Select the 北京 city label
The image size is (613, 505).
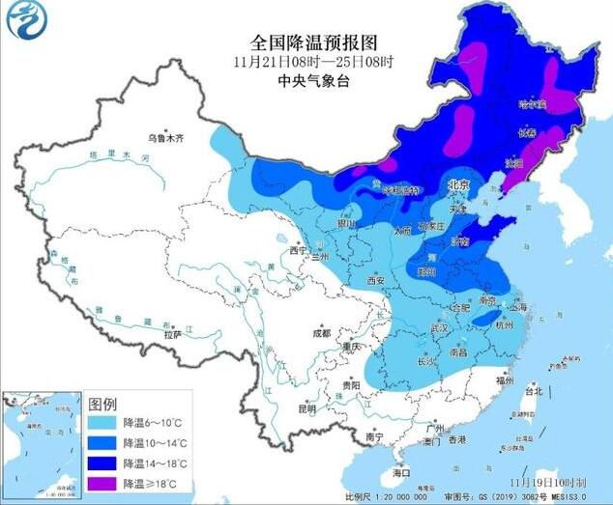coord(457,183)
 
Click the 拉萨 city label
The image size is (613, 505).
coord(172,334)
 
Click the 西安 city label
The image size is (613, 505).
coord(375,281)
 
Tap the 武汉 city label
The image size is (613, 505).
coord(440,328)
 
